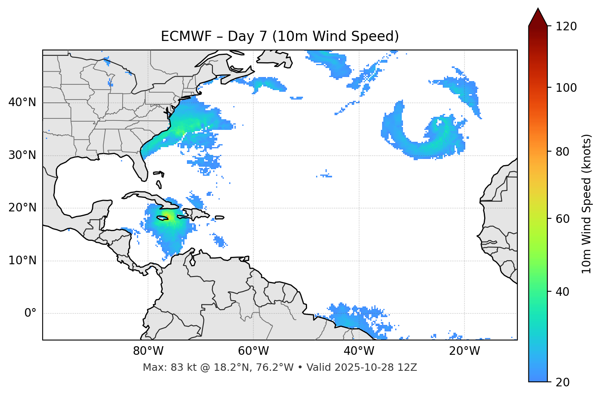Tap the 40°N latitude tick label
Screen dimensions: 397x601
pos(22,102)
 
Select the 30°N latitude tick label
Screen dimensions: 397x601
pos(22,155)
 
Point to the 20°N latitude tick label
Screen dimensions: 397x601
pos(22,208)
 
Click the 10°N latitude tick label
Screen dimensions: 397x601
pos(22,261)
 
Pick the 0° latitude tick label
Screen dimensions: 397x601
pos(30,313)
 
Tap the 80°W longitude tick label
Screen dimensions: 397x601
pos(148,351)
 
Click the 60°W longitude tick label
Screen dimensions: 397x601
pos(253,351)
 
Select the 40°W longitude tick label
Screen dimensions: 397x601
pos(359,351)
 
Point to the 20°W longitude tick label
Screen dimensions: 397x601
pos(464,351)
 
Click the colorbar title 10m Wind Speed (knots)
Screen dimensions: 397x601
pos(587,204)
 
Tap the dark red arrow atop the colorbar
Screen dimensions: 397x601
pos(538,17)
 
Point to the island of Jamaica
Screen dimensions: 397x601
pos(163,218)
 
